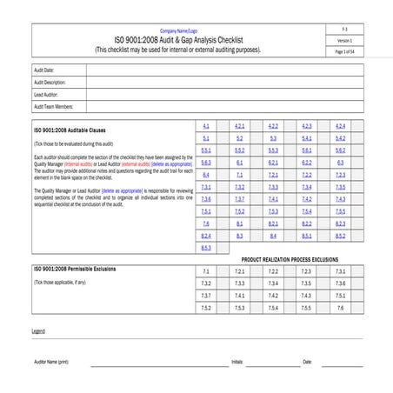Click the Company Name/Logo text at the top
177,30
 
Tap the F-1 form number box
345,30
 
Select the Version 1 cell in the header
345,41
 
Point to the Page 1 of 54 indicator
345,52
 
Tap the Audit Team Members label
52,106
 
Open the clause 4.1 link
206,126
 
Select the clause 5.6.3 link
206,163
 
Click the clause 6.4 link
206,175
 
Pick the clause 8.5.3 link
206,248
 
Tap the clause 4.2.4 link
340,126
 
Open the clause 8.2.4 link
206,236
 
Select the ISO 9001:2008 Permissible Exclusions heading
73,270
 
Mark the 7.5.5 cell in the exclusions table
306,308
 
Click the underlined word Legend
38,331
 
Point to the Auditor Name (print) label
51,361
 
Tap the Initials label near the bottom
237,361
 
